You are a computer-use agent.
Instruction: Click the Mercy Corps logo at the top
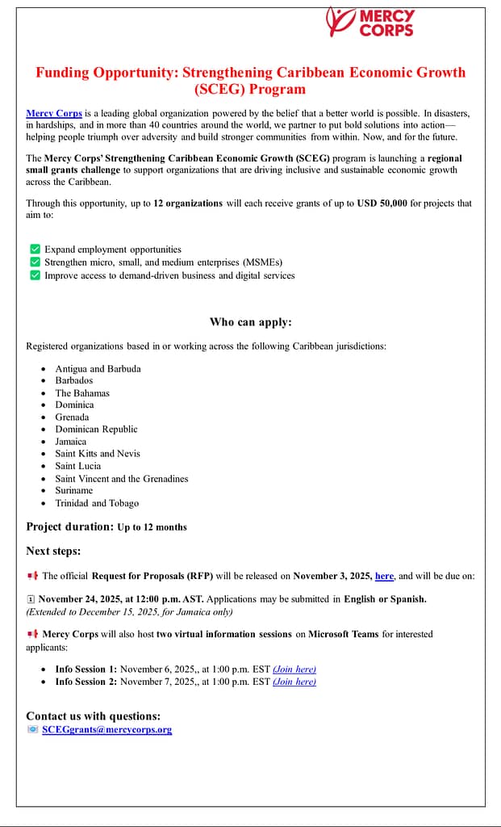[370, 22]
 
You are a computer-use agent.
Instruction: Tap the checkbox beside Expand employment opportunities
[35, 250]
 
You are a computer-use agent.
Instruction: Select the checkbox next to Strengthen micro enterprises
[35, 262]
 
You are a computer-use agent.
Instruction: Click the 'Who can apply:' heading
[250, 322]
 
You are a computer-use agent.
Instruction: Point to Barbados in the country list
[74, 380]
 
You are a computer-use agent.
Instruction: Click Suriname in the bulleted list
[74, 490]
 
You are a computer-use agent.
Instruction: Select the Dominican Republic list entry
[96, 429]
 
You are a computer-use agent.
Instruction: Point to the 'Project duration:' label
[69, 527]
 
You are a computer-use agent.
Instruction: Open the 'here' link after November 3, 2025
[384, 576]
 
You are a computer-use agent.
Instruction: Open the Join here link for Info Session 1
[294, 669]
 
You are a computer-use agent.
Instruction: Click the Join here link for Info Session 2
[294, 682]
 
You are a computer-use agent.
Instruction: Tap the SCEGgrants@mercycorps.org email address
[106, 730]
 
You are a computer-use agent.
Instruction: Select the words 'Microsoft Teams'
[343, 634]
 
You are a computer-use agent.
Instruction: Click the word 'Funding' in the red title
[62, 73]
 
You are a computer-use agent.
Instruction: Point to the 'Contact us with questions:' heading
[93, 716]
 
